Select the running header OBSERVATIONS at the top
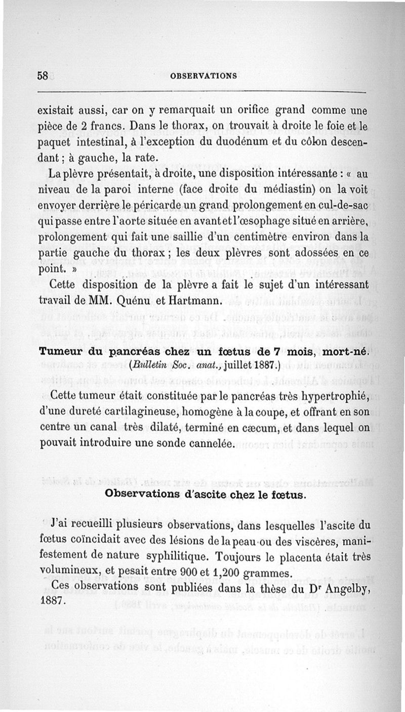(204, 76)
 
